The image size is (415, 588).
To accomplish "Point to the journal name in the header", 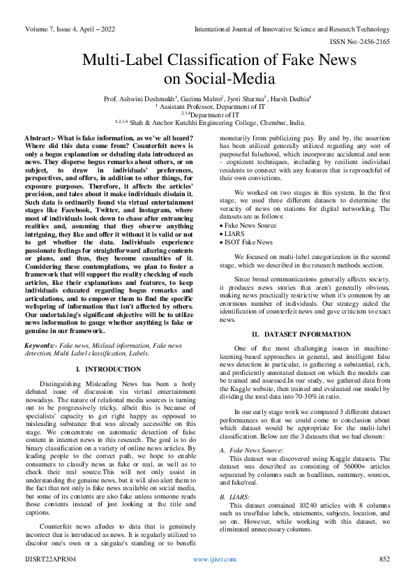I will pos(292,30).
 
